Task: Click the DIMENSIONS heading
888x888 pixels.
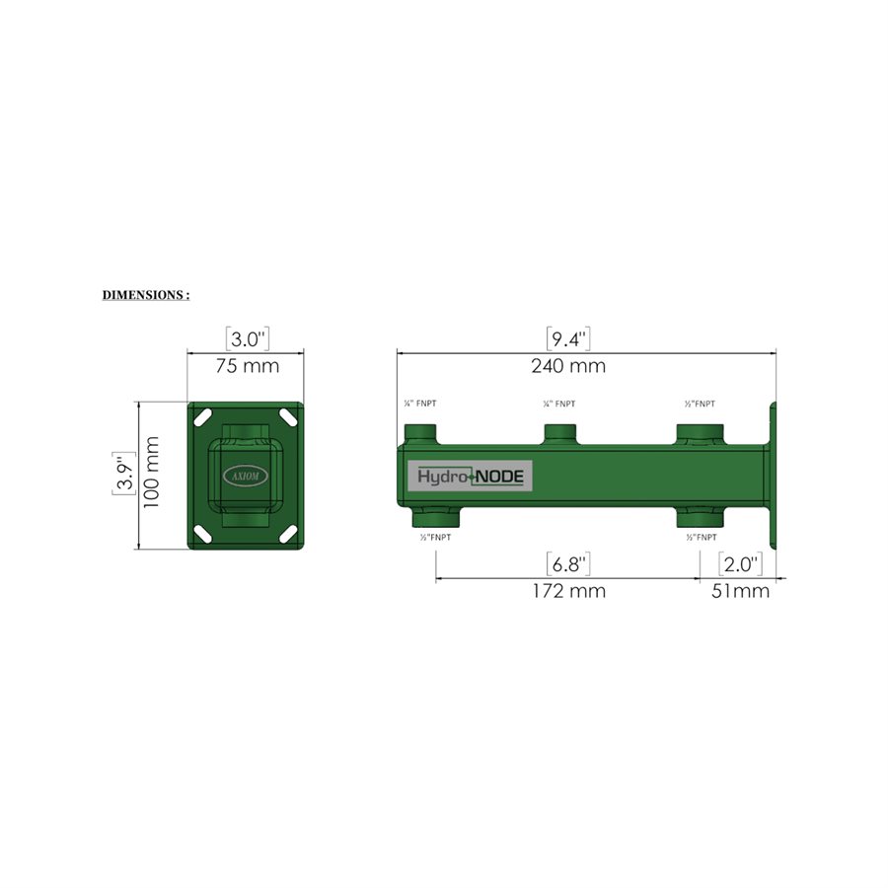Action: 146,295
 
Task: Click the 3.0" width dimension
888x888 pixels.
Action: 247,340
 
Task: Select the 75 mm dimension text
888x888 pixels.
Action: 247,366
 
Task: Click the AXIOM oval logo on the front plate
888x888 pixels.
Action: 246,474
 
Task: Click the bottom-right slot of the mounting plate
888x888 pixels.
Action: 288,533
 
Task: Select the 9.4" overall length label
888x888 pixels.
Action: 568,340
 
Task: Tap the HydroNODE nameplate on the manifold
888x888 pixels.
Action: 473,476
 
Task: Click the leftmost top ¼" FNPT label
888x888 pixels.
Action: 420,405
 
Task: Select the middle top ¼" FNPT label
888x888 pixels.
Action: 559,405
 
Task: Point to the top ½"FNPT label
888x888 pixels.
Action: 701,405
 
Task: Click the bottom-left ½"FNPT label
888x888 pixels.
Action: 436,538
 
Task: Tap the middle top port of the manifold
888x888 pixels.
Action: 562,433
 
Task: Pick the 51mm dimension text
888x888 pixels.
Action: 740,591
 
